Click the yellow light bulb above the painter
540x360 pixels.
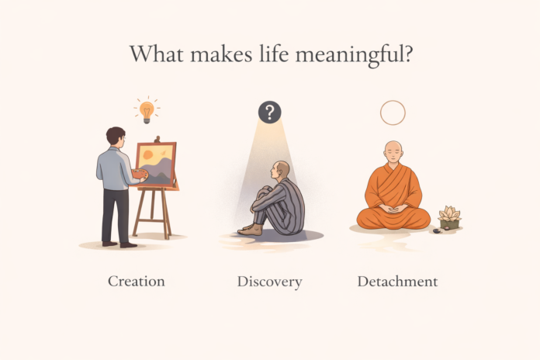click(x=145, y=111)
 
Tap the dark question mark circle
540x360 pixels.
click(x=269, y=112)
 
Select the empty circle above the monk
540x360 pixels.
click(x=393, y=112)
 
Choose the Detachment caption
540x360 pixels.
click(x=397, y=281)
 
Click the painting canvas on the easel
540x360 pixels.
click(x=156, y=164)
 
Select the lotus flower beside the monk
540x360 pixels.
click(x=449, y=214)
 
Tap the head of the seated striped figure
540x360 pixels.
click(x=282, y=170)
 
